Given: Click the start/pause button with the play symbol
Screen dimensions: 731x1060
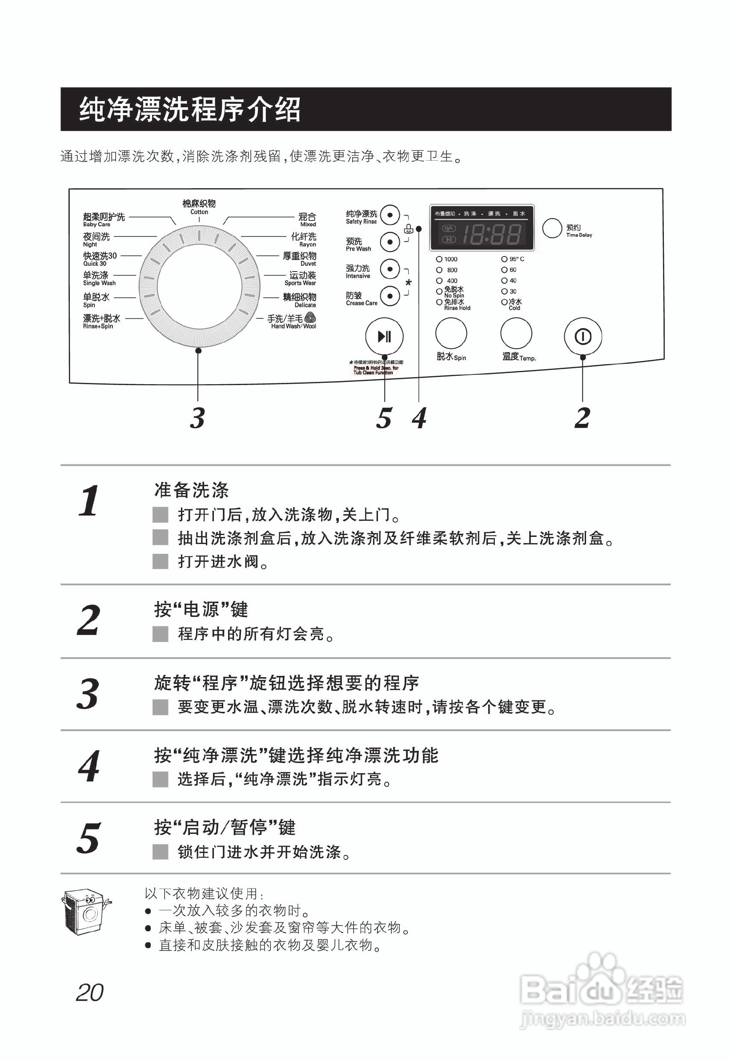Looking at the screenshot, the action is (x=384, y=337).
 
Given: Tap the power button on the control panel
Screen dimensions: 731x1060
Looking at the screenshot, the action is (x=582, y=337).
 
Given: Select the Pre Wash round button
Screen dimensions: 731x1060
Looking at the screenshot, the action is (x=390, y=242).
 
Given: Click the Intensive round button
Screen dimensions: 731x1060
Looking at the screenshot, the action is (x=390, y=269).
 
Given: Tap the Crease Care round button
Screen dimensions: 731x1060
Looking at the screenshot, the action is (x=390, y=296).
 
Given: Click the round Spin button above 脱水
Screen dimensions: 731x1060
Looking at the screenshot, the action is (x=451, y=334).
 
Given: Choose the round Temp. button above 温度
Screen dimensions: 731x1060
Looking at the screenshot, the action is (x=516, y=334).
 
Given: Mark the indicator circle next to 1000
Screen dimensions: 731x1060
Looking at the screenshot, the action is (x=439, y=259).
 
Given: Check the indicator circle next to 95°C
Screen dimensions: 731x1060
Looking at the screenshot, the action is (x=504, y=259).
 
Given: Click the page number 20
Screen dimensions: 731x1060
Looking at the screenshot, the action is (x=89, y=993).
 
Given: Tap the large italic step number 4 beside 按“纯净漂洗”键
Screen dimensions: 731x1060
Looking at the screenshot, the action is (x=89, y=766).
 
